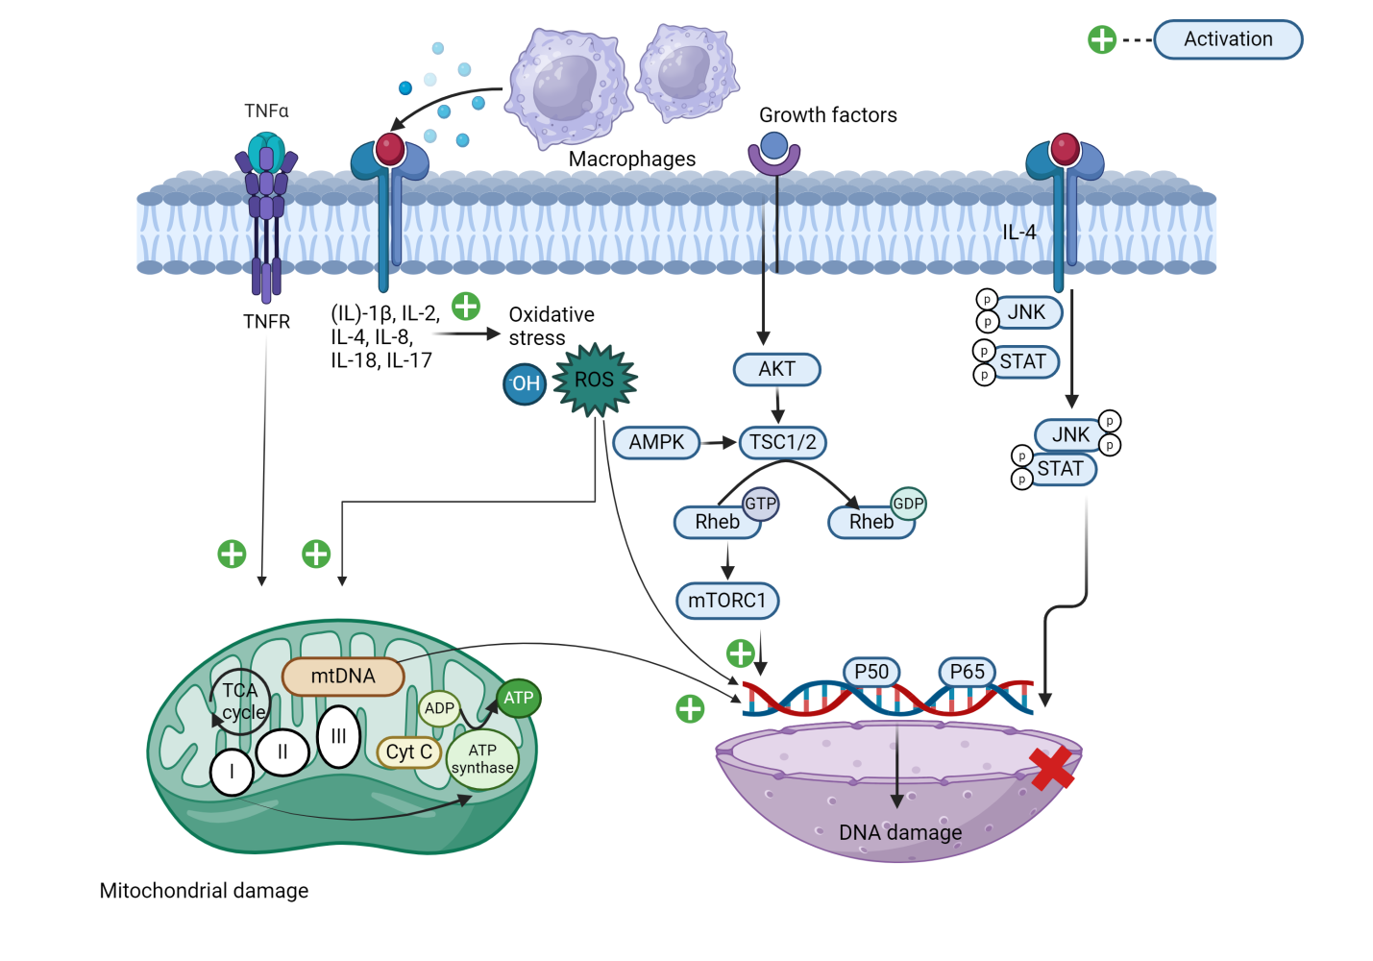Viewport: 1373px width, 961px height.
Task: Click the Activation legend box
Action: click(1227, 39)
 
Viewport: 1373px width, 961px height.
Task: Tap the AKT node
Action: click(776, 369)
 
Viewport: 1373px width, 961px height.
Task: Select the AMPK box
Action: click(656, 442)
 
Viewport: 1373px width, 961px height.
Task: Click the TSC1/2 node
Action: click(782, 442)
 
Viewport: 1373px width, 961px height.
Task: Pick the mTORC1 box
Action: click(727, 601)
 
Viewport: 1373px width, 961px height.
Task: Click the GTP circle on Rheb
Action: click(760, 504)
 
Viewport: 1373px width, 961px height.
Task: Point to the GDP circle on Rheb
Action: click(908, 504)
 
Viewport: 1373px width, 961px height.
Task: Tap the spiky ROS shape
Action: click(595, 380)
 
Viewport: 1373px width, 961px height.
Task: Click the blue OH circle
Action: click(525, 384)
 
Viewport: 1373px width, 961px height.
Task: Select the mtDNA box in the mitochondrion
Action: click(343, 677)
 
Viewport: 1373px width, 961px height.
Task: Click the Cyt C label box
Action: click(409, 752)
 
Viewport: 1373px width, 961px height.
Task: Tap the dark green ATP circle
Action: click(519, 699)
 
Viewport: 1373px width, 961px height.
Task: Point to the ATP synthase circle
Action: click(482, 759)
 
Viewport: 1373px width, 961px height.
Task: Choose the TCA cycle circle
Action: click(241, 702)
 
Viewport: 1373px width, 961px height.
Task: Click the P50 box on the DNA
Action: click(871, 672)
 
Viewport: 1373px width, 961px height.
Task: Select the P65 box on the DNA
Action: click(968, 672)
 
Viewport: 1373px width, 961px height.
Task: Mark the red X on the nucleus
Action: click(1051, 768)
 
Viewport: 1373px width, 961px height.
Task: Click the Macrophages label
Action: click(631, 159)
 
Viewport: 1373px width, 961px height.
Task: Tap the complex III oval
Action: click(338, 736)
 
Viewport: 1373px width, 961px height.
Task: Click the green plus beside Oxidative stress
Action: click(466, 307)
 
